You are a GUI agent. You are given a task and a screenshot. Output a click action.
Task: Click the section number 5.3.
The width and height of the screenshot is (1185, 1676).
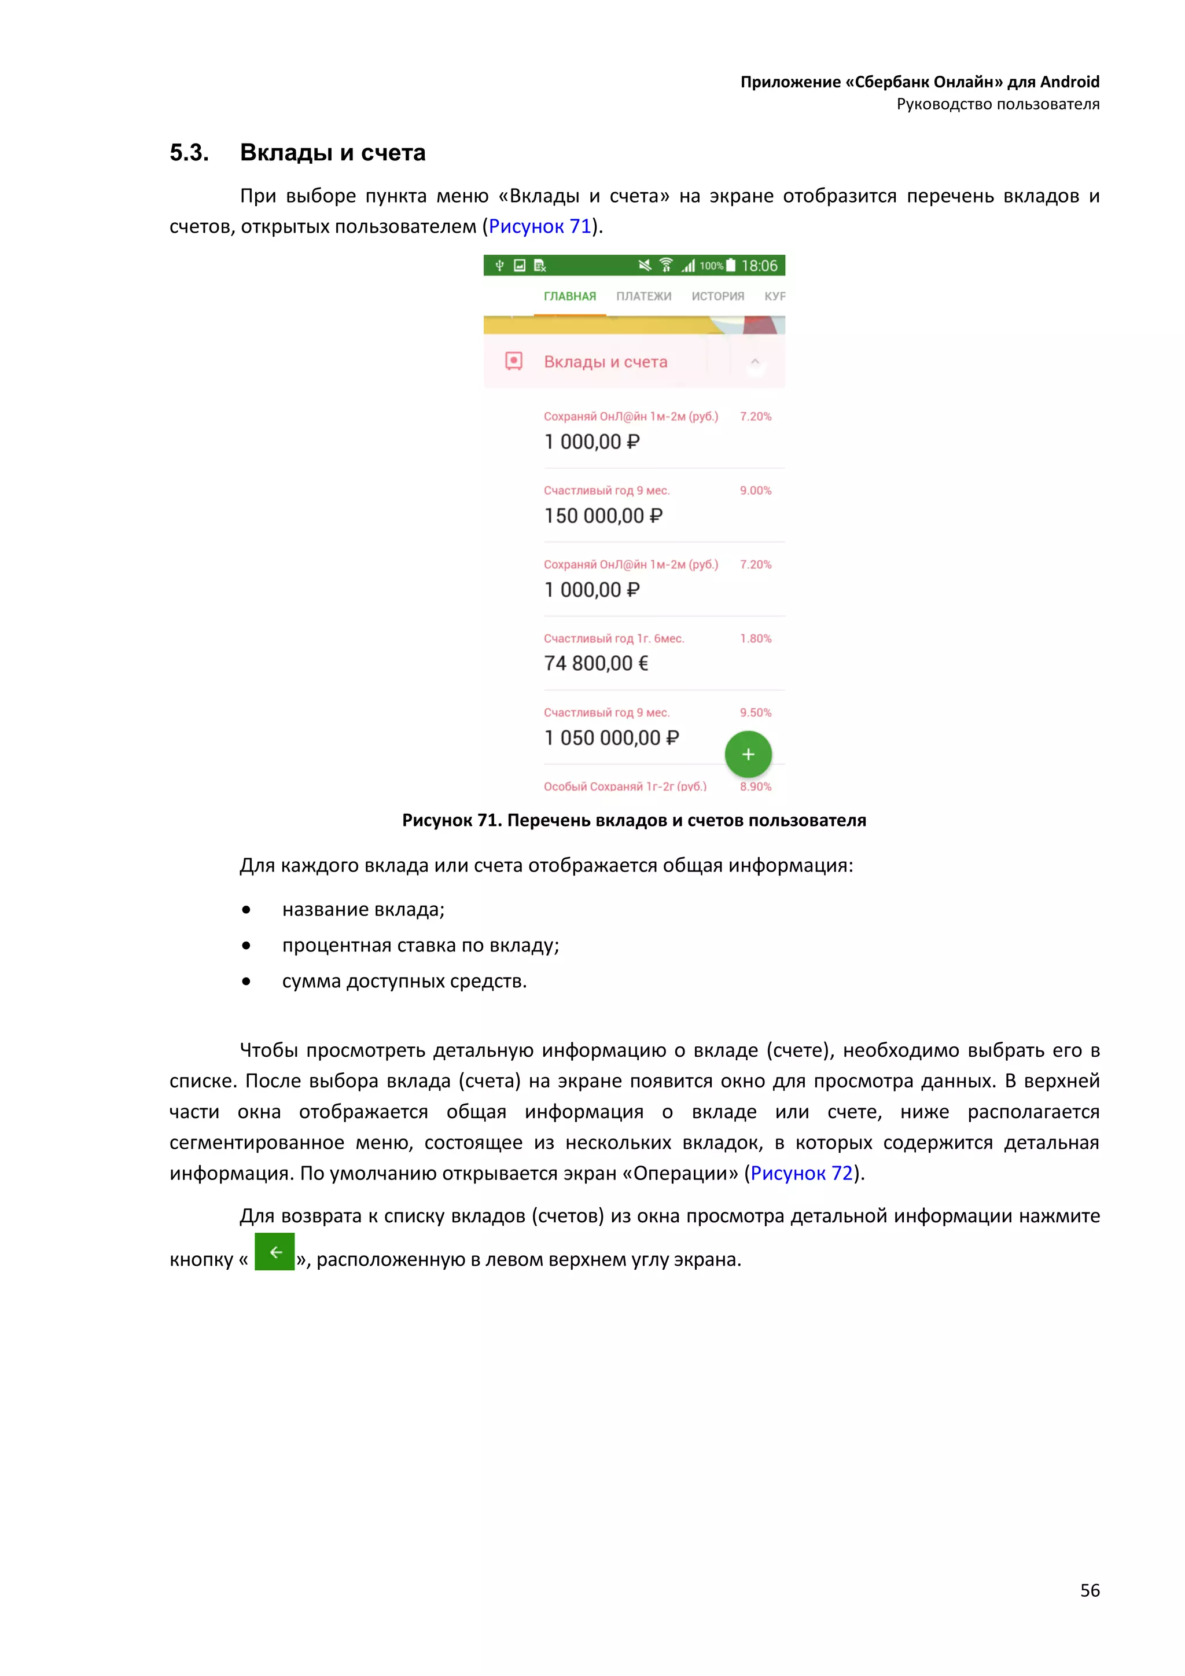coord(189,153)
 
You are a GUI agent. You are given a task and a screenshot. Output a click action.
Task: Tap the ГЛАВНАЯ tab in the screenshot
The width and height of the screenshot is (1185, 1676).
coord(569,296)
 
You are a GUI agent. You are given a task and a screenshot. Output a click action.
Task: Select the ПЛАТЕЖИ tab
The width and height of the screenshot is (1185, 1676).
coord(643,296)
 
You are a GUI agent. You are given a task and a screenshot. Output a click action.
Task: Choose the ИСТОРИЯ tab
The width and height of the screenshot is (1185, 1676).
coord(717,296)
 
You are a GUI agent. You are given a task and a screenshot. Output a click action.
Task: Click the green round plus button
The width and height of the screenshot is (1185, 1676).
coord(748,754)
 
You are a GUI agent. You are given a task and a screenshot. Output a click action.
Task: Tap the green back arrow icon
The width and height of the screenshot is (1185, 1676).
coord(274,1252)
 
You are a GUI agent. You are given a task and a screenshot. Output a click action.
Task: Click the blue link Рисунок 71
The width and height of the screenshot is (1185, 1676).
coord(539,226)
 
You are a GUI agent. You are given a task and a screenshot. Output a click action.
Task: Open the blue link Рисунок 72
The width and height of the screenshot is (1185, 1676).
coord(801,1173)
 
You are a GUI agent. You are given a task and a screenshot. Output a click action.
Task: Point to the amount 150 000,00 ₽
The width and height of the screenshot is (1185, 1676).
coord(603,516)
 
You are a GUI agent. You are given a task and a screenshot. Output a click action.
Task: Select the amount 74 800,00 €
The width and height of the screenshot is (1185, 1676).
coord(595,664)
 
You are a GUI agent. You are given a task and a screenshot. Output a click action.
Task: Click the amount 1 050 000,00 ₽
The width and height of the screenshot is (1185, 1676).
coord(611,738)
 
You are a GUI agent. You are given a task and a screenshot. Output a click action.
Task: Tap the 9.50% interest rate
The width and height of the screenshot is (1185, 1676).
coord(755,712)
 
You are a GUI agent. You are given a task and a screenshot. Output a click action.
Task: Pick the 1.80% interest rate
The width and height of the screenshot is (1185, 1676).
coord(755,639)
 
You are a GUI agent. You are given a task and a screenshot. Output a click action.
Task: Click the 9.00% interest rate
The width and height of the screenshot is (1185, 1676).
coord(755,491)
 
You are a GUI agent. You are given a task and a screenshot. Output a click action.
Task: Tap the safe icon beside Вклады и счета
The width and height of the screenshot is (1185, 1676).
coord(514,361)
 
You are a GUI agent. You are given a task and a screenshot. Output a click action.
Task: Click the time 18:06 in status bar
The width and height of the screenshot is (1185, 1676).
coord(759,266)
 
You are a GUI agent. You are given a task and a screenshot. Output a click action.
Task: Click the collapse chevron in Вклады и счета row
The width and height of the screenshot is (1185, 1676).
coord(755,361)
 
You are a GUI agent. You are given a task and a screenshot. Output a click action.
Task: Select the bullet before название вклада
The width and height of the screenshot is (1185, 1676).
coord(246,910)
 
